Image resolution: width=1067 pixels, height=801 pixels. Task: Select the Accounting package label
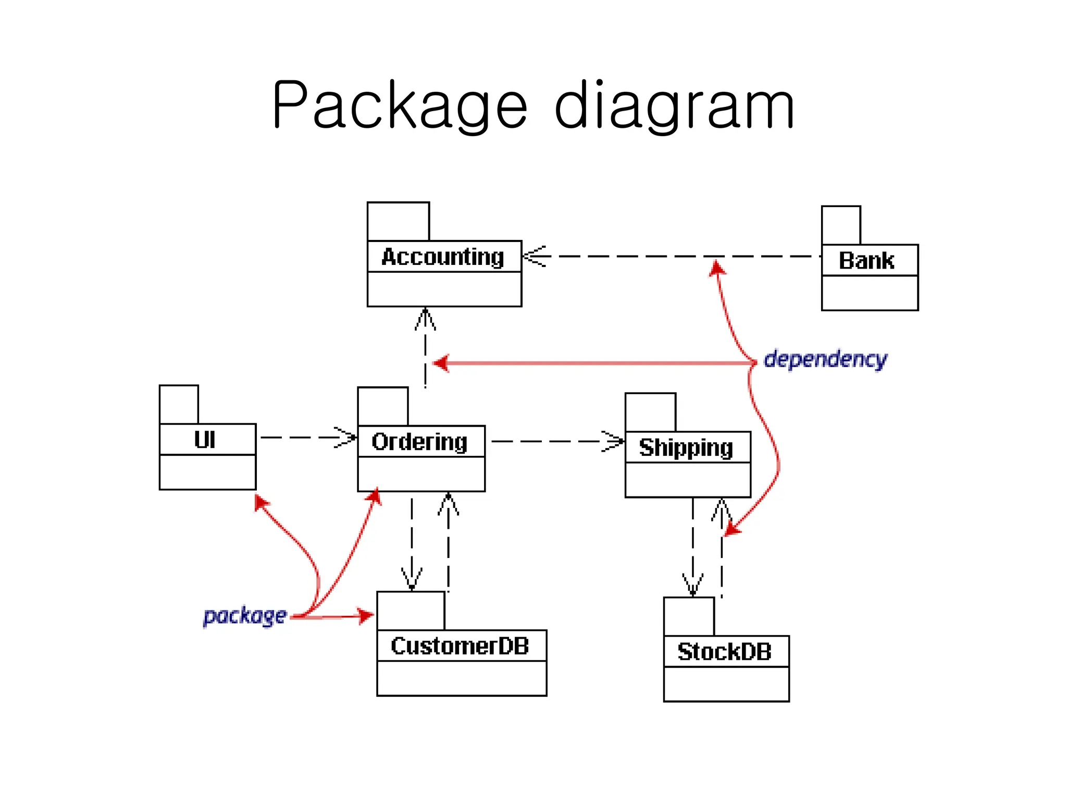443,257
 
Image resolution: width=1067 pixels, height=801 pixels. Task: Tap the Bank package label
866,261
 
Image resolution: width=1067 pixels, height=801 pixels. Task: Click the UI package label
205,440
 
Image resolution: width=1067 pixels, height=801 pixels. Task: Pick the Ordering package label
419,442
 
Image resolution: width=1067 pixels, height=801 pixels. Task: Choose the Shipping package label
686,448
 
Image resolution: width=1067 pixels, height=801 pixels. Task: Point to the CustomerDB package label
460,646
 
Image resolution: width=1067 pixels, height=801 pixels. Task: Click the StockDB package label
724,652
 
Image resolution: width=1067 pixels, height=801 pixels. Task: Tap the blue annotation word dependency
825,359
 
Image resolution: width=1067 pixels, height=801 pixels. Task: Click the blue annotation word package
244,616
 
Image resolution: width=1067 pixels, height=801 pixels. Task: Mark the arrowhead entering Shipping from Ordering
614,441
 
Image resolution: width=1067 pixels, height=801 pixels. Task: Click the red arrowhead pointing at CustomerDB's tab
365,615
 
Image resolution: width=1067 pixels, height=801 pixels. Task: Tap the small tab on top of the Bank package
841,225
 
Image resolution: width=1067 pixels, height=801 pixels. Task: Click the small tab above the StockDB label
689,616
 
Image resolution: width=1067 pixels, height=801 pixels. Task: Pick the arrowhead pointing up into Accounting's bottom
426,318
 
